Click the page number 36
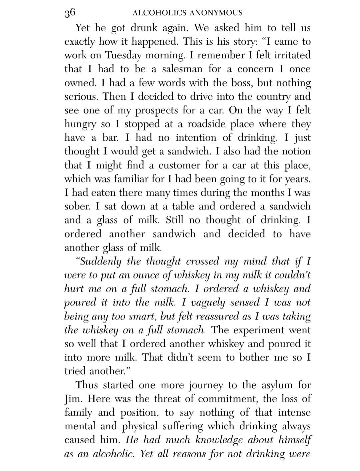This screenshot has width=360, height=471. (70, 13)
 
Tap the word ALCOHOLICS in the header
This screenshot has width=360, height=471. (159, 13)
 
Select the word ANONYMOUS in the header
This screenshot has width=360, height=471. (216, 13)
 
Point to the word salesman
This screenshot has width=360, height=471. (182, 69)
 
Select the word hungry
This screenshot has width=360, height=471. (80, 124)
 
